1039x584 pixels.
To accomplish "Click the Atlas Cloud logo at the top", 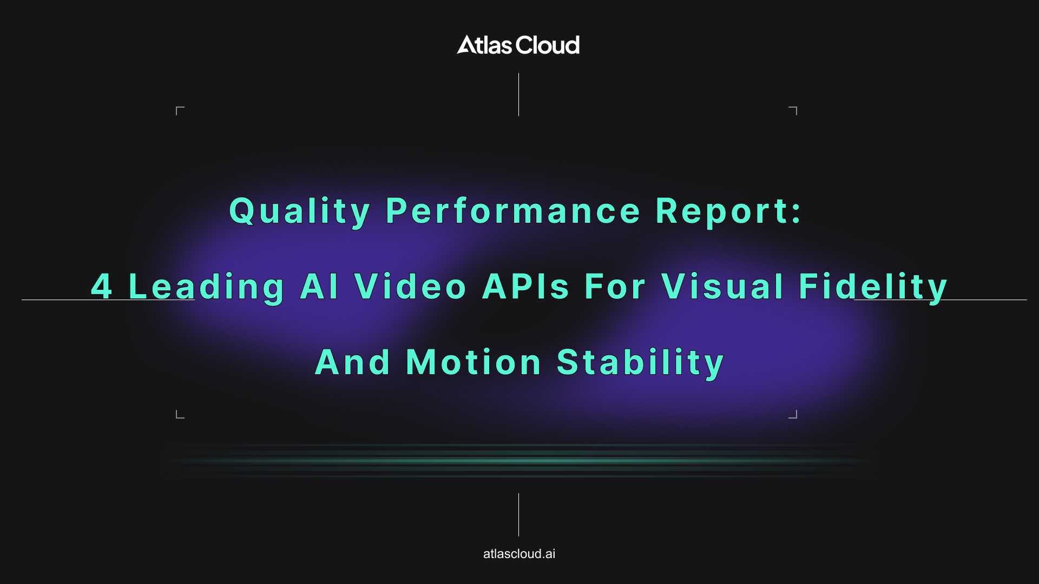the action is click(518, 45).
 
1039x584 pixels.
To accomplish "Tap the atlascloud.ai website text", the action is click(519, 554).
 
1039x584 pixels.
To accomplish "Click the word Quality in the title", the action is click(300, 211).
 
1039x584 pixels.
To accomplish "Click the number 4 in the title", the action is click(102, 286).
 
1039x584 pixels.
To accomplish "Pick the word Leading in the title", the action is click(206, 287).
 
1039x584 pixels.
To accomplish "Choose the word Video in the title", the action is click(410, 286).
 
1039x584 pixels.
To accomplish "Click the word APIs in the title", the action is click(525, 286).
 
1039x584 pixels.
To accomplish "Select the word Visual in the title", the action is click(722, 286).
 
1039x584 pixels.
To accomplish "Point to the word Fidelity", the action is click(873, 287).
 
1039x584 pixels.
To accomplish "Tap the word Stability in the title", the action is click(640, 363).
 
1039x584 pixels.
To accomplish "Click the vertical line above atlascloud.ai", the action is click(518, 515).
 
